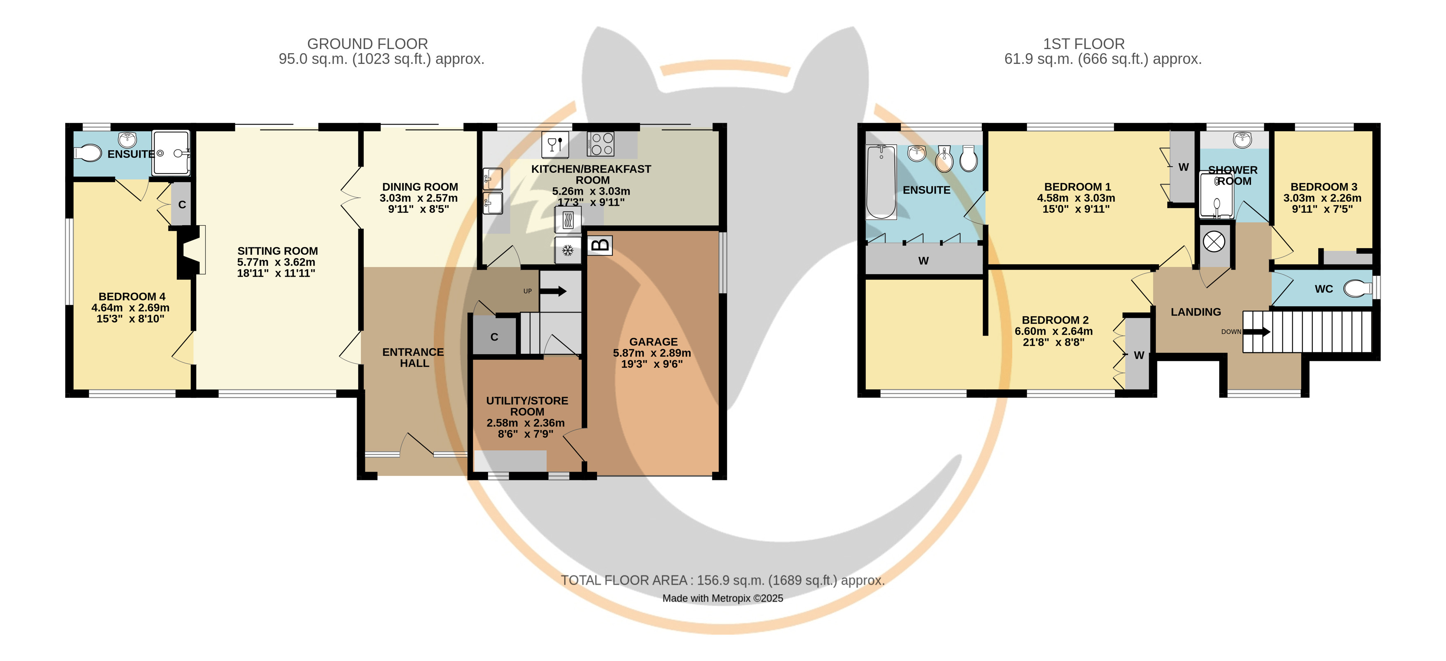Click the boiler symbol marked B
coord(600,245)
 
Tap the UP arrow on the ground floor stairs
coord(553,291)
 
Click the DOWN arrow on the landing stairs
coord(1256,332)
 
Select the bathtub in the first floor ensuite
coord(881,182)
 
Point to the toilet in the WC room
coord(1357,289)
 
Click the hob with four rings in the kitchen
coord(601,144)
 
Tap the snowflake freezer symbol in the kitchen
coord(567,250)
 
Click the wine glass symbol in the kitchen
coord(555,145)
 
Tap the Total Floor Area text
coord(722,580)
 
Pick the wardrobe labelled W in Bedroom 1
coord(1183,166)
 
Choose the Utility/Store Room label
coord(527,406)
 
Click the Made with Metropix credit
coord(722,598)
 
